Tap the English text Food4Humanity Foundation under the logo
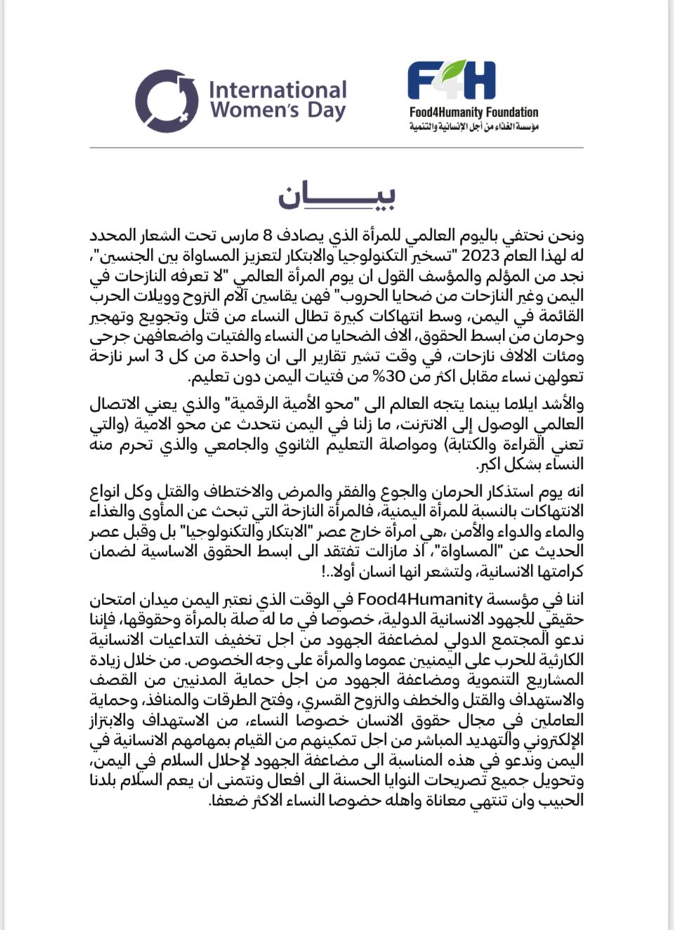pyautogui.click(x=474, y=112)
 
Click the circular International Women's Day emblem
pyautogui.click(x=166, y=100)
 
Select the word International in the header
pyautogui.click(x=277, y=90)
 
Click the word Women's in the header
pyautogui.click(x=254, y=111)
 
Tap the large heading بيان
pyautogui.click(x=336, y=197)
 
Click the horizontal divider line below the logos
pyautogui.click(x=336, y=148)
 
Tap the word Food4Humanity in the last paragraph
pyautogui.click(x=420, y=599)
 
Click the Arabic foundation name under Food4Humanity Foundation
pyautogui.click(x=474, y=126)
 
